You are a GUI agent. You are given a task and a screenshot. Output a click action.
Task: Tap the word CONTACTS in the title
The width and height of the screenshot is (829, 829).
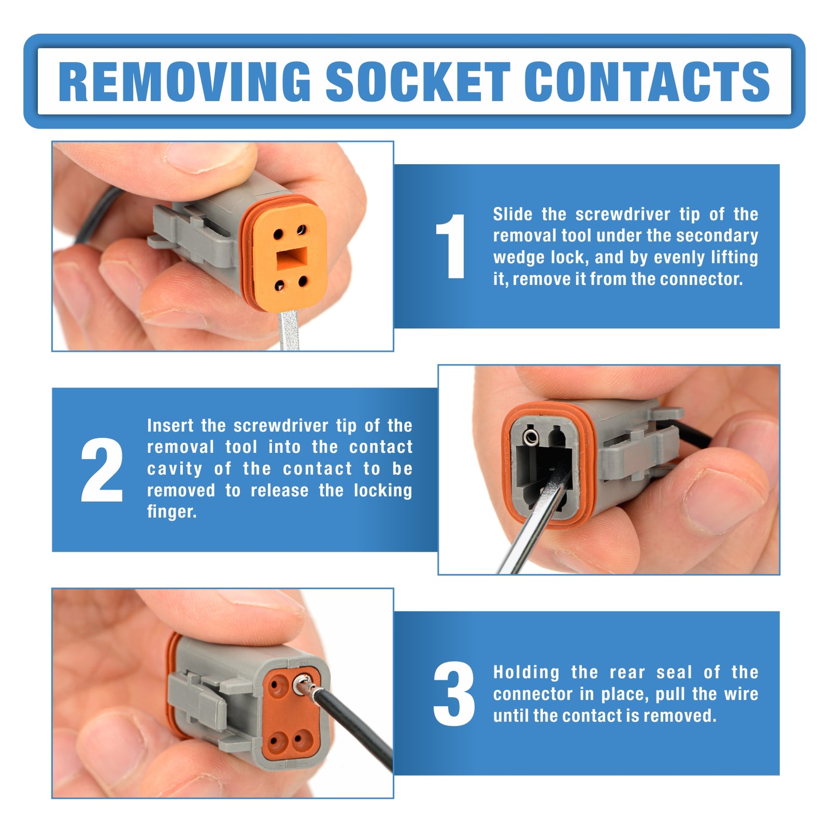tap(647, 82)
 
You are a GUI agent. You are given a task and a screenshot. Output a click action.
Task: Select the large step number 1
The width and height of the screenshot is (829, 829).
tap(450, 246)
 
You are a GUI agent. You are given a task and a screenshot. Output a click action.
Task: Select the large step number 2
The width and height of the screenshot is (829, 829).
tap(102, 470)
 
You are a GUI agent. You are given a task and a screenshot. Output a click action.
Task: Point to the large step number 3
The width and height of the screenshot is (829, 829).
tap(453, 693)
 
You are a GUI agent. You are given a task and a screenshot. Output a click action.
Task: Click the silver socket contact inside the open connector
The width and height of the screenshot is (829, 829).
tap(531, 437)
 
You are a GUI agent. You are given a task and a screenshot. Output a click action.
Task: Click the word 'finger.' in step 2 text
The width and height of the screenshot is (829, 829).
tap(171, 512)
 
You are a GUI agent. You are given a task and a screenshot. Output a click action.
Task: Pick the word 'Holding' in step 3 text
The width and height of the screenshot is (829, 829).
tap(526, 673)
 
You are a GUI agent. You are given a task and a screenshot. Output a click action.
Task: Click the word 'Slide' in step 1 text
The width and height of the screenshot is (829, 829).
tap(513, 214)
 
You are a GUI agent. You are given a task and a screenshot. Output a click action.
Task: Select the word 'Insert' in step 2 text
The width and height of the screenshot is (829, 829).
tap(170, 426)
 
